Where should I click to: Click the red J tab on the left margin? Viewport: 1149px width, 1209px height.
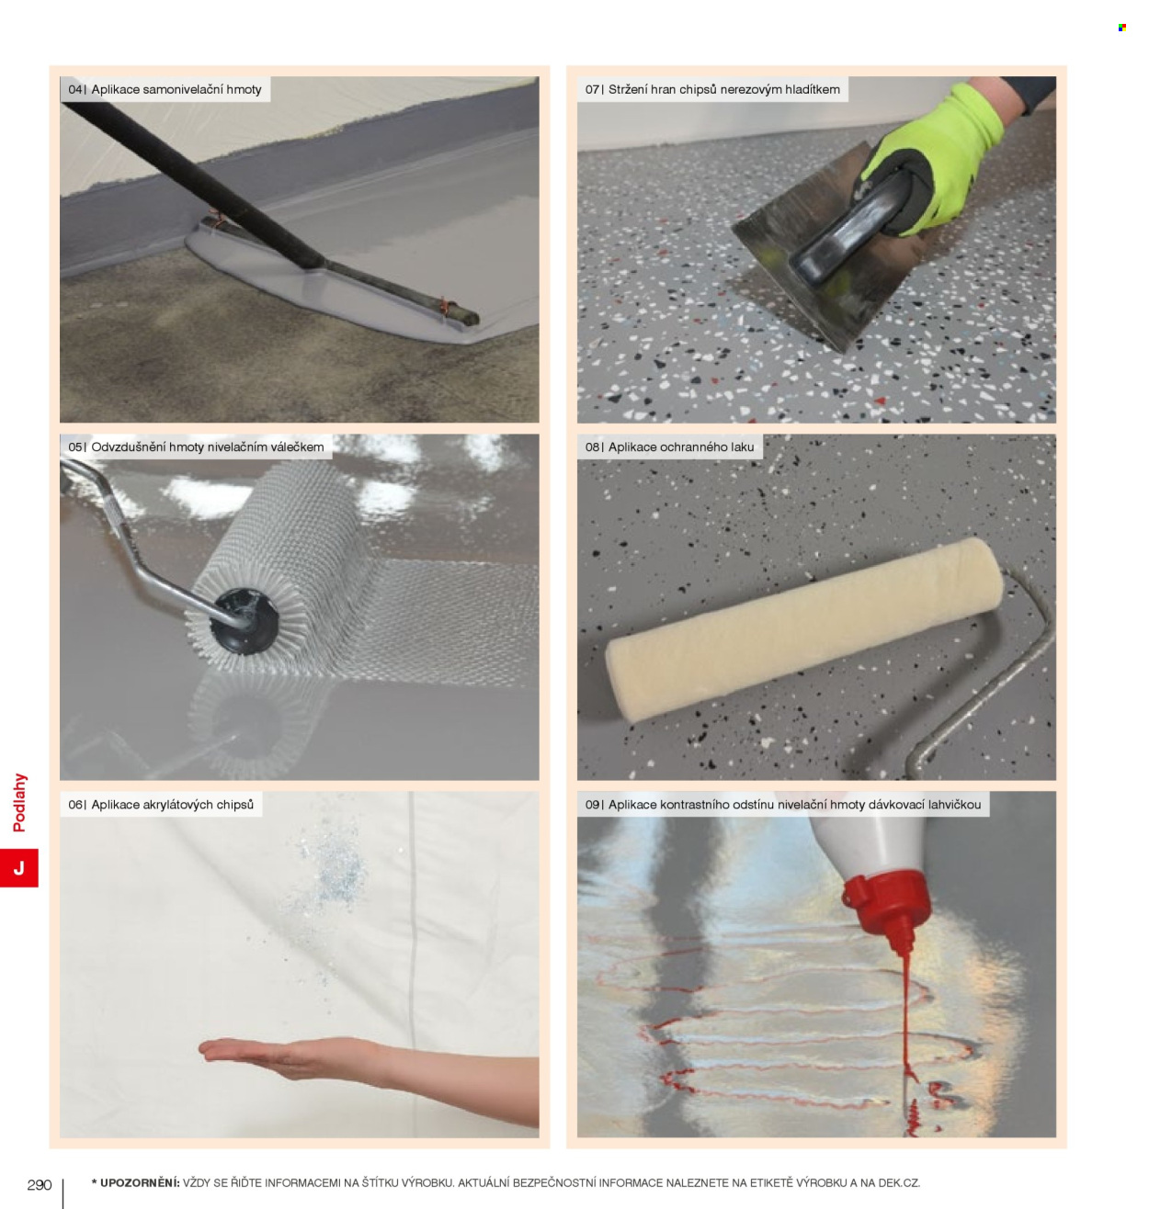[x=19, y=867]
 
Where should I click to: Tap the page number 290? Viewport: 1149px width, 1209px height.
[x=39, y=1185]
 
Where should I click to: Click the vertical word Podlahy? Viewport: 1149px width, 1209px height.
[x=19, y=802]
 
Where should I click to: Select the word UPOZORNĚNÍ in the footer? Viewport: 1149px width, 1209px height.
[x=140, y=1182]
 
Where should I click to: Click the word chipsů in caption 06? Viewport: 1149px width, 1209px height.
[x=234, y=805]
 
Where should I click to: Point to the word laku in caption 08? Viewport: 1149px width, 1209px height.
[x=742, y=447]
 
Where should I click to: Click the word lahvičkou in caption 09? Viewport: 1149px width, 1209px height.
[x=954, y=805]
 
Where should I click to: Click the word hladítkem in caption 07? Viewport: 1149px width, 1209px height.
[x=813, y=90]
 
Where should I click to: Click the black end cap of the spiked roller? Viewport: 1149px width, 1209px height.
[x=244, y=622]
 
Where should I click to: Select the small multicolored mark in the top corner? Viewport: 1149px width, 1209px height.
[x=1122, y=28]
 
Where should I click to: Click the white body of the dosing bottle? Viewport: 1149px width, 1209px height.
[x=874, y=842]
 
